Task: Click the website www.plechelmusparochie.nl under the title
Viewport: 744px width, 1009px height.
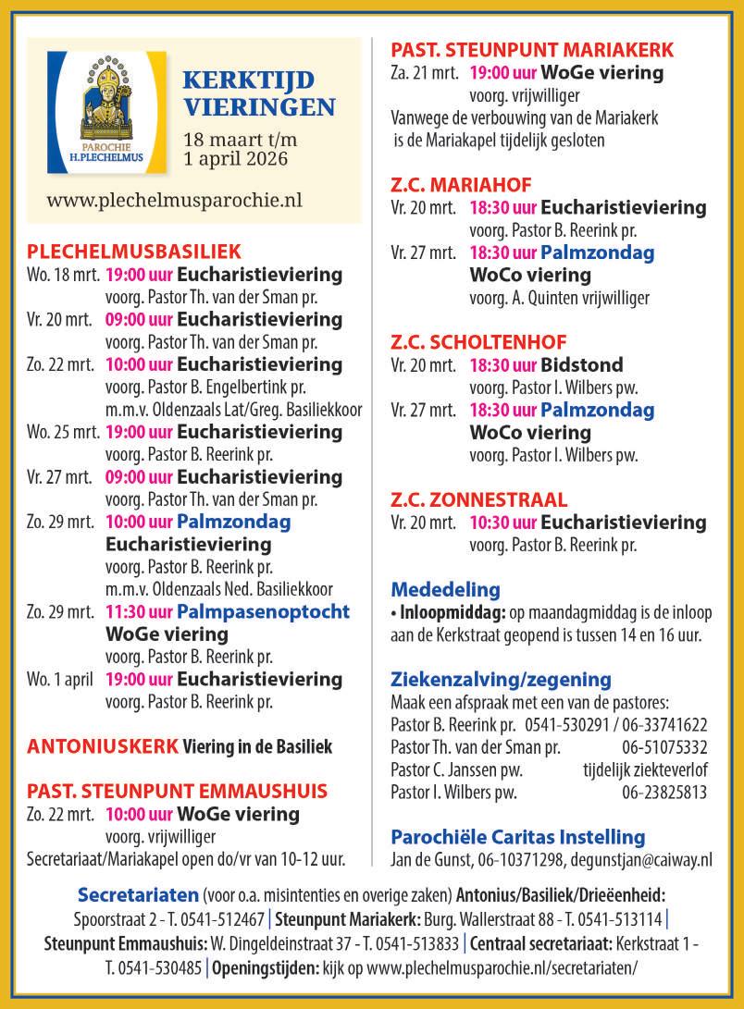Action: [174, 199]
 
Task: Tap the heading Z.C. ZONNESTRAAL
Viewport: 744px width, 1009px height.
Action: [479, 500]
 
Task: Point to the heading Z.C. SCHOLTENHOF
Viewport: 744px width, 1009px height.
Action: [478, 342]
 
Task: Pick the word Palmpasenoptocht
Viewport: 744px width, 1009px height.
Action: [263, 611]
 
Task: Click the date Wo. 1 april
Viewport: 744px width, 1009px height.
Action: [60, 680]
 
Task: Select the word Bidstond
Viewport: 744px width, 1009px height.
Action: [582, 364]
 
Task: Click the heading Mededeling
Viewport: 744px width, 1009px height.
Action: [445, 589]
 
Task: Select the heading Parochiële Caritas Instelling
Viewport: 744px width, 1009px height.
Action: [518, 837]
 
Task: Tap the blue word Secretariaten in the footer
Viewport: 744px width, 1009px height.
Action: [138, 895]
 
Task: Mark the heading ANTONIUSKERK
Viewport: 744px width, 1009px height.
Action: [102, 746]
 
